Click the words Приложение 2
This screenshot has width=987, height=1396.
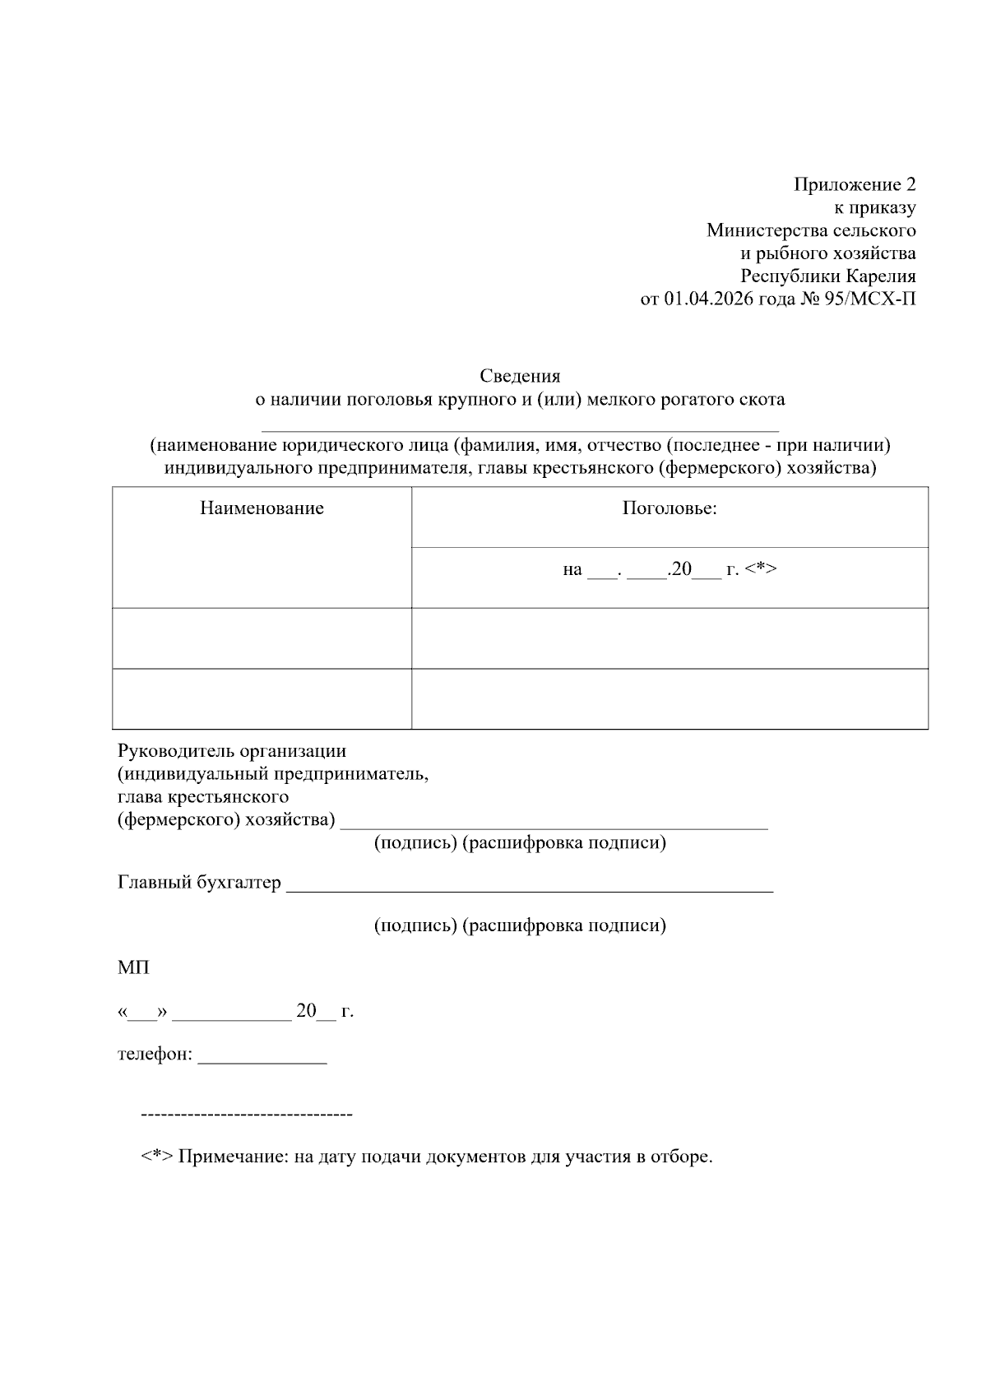855,184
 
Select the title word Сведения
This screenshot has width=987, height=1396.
520,377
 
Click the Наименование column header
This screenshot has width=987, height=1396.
262,508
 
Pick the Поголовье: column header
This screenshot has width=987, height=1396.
670,508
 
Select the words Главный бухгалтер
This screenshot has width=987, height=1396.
199,884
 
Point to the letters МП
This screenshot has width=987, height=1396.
133,968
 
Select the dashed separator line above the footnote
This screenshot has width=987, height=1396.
247,1115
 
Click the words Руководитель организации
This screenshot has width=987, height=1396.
232,751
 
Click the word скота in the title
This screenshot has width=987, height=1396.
762,400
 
